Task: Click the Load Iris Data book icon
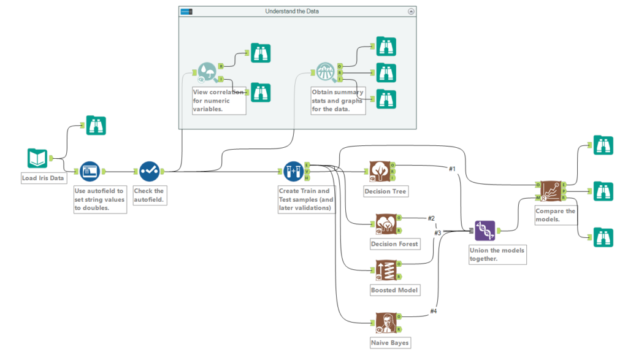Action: pos(37,158)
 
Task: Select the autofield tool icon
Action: pos(90,171)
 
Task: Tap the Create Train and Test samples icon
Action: pos(293,171)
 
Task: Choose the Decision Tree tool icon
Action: pos(380,171)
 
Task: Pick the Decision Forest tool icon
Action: pos(384,224)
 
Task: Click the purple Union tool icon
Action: pos(484,231)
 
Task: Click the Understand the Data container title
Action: pos(292,11)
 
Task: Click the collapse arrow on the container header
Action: pos(411,11)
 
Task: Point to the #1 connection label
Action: pos(452,169)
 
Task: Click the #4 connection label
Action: pos(434,311)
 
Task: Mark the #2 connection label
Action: pos(431,218)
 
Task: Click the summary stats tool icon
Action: pos(326,72)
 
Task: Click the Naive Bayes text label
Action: pos(390,342)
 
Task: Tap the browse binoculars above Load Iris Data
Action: pos(96,125)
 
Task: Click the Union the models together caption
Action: pos(497,255)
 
